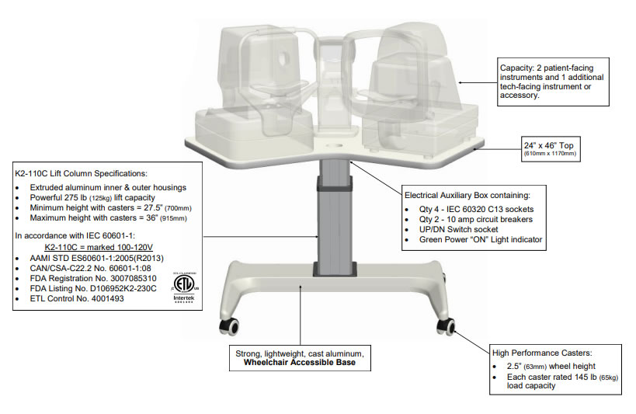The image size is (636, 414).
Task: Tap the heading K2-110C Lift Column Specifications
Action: tap(92, 172)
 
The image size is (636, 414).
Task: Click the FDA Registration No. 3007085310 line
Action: tap(93, 277)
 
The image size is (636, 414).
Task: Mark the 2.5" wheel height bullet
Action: tap(543, 366)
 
